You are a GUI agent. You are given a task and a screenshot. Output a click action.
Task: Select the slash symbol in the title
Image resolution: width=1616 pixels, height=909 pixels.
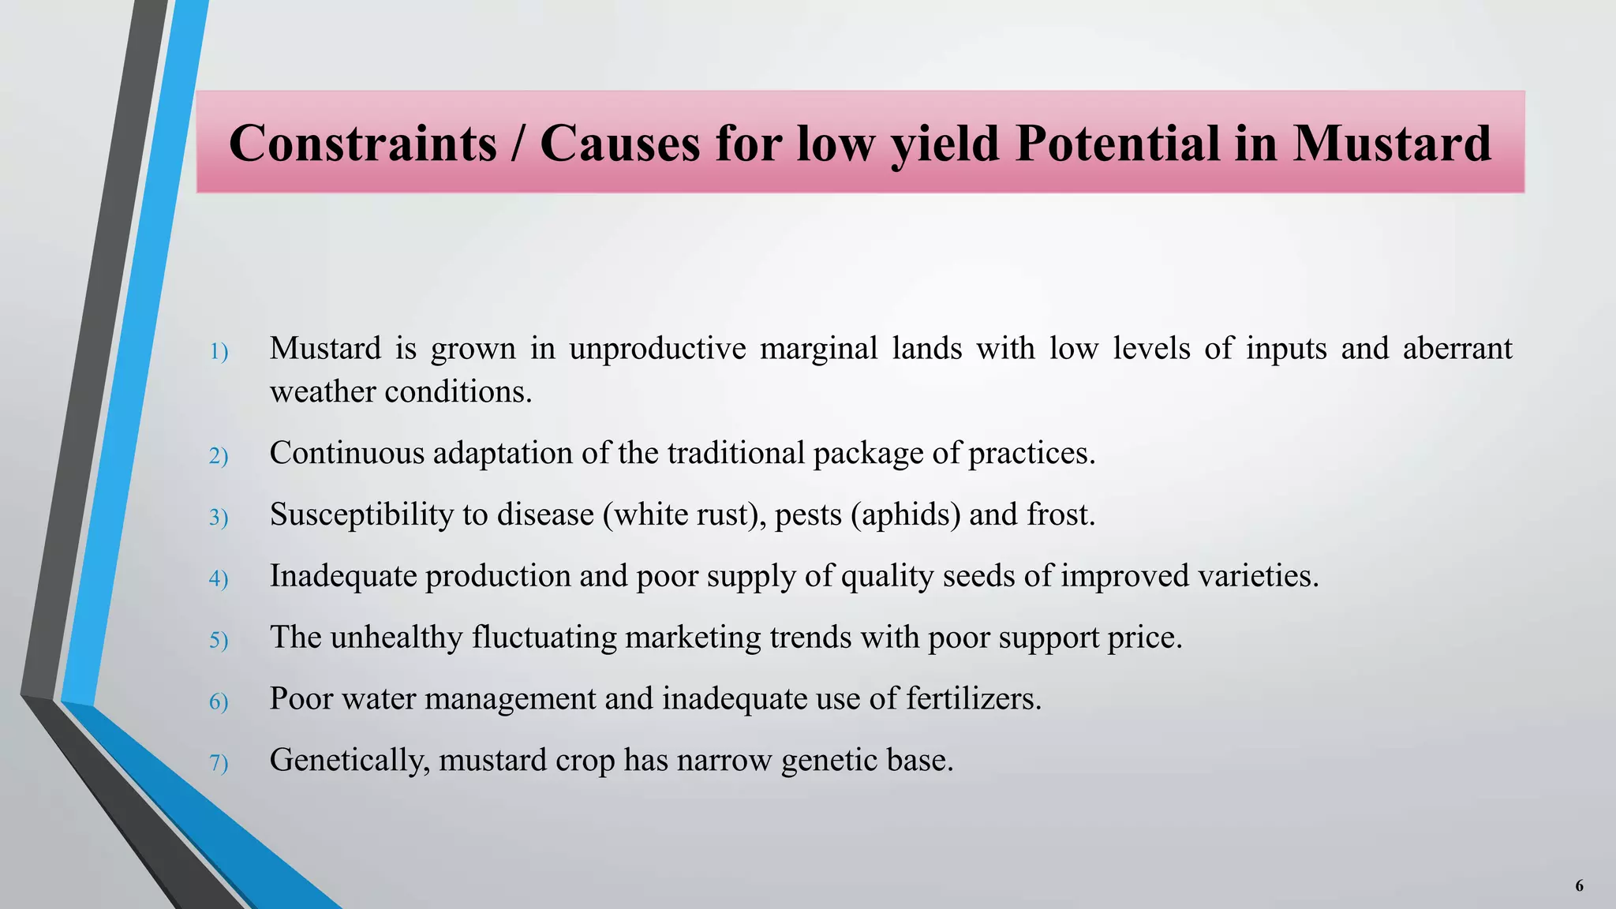coord(518,144)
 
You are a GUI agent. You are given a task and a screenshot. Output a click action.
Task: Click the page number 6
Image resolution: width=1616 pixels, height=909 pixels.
coord(1579,885)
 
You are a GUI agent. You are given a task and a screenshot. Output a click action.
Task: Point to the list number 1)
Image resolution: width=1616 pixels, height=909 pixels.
coord(219,351)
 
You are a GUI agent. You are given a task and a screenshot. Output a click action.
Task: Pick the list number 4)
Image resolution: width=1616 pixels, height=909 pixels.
coord(219,578)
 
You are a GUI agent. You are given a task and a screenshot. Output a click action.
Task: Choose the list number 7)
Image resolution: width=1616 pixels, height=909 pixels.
coord(219,763)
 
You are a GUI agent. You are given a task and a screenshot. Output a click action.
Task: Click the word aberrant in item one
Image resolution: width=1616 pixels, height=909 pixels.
coord(1457,348)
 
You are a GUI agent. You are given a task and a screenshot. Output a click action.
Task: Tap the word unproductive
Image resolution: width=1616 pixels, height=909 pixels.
coord(657,348)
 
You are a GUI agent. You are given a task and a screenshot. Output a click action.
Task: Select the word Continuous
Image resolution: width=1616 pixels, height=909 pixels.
coord(347,453)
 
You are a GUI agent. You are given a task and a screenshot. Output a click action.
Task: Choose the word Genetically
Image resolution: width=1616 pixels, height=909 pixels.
coord(350,760)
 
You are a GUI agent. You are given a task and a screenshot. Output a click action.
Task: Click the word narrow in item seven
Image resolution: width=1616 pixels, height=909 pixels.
coord(724,760)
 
